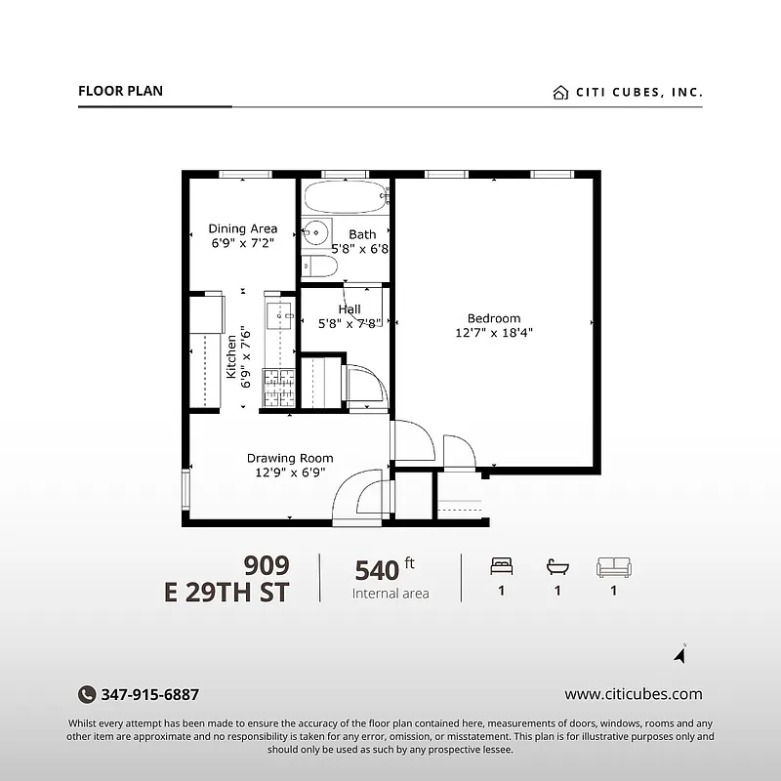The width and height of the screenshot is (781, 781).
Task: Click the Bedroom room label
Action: (x=493, y=318)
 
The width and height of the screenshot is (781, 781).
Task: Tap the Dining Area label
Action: (x=243, y=229)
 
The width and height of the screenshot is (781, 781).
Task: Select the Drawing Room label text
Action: (x=290, y=458)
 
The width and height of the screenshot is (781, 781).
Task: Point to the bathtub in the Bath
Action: (x=345, y=197)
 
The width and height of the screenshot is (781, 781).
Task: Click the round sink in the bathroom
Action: (x=314, y=233)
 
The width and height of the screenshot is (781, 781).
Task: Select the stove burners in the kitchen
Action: (x=279, y=388)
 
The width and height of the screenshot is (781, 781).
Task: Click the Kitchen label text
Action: (x=231, y=356)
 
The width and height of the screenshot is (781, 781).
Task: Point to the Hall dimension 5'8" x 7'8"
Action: (x=349, y=325)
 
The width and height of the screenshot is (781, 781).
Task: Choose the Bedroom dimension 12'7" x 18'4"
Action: (x=494, y=333)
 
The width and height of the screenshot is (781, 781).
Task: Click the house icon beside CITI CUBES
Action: (x=560, y=93)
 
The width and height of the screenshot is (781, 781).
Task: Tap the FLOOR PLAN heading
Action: (x=120, y=92)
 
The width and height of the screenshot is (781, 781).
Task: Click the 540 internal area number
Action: (x=376, y=569)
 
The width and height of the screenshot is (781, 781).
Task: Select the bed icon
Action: (x=501, y=567)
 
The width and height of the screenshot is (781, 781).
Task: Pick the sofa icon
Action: (x=614, y=567)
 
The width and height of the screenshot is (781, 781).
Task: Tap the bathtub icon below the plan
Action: (x=557, y=567)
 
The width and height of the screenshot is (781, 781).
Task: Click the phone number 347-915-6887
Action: (x=150, y=695)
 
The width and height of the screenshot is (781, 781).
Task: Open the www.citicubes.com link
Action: (x=633, y=695)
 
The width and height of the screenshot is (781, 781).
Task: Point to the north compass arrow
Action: (x=680, y=655)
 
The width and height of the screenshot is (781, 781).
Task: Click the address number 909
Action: (x=267, y=565)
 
